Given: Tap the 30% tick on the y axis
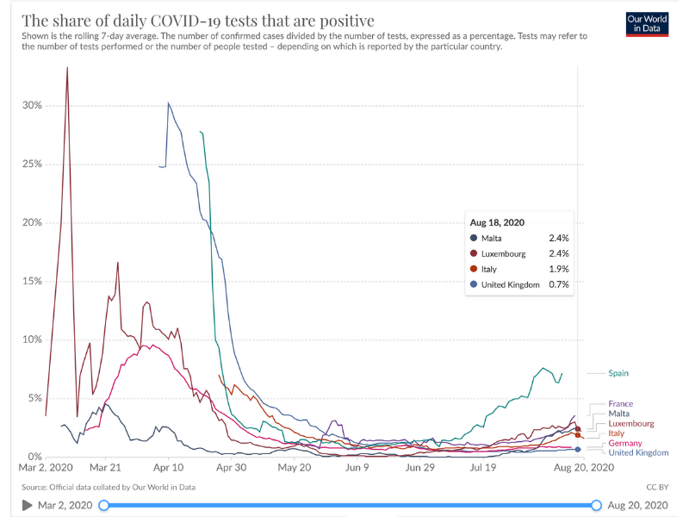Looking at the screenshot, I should [32, 106].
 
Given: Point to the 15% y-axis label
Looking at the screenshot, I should [32, 281].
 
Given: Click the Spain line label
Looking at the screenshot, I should [618, 373].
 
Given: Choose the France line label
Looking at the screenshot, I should [620, 403].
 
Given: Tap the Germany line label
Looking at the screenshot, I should [625, 443].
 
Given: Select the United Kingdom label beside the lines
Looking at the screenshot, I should [638, 452].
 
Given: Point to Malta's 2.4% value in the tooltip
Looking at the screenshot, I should [559, 238].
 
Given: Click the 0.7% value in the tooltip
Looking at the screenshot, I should [559, 284].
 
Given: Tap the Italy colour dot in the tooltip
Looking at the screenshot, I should [473, 269].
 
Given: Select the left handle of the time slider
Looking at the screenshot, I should [104, 505].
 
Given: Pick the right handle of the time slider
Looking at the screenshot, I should [596, 505].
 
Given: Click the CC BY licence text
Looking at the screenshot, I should [657, 488].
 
